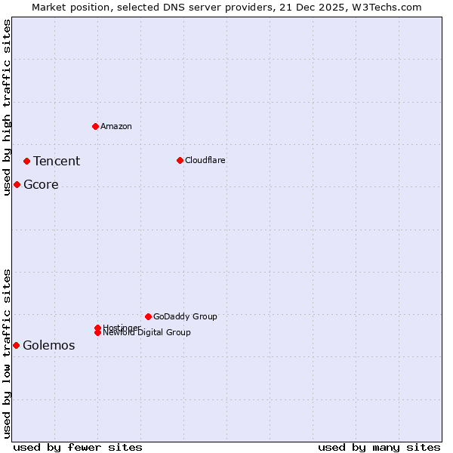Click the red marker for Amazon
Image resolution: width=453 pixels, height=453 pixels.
95,126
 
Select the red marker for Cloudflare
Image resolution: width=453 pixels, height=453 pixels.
180,160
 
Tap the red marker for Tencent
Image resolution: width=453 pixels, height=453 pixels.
26,161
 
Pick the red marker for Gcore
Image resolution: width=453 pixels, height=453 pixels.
17,185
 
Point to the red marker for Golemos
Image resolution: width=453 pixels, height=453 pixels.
16,345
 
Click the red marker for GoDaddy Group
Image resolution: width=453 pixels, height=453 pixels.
148,316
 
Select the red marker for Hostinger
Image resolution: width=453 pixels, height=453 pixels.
97,328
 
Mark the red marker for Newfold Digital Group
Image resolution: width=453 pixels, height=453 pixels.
97,332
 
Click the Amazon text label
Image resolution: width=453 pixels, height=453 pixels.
116,126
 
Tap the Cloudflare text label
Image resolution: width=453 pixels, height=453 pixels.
205,160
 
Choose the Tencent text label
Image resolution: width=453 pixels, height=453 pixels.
57,161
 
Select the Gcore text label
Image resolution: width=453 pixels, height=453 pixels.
41,185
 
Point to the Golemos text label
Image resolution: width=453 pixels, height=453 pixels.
49,346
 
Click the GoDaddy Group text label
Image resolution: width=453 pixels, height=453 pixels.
185,316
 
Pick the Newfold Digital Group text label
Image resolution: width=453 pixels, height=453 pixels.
147,333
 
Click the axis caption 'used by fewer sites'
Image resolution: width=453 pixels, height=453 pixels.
78,447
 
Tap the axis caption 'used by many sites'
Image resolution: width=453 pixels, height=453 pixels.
379,447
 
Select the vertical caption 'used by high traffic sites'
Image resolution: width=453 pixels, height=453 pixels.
8,107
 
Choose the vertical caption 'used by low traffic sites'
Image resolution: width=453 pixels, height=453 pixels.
8,353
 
